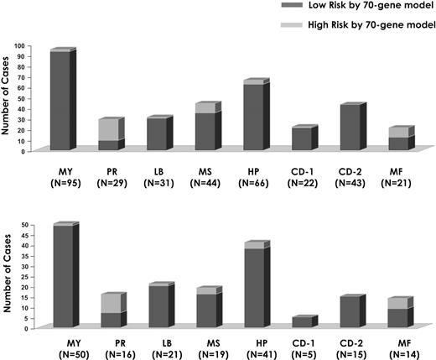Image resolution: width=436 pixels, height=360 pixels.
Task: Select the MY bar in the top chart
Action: pos(60,101)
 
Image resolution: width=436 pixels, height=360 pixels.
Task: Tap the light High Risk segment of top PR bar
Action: pos(108,129)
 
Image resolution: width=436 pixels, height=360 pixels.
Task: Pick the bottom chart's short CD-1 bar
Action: pos(299,321)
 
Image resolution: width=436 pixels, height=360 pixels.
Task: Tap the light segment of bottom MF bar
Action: pos(349,303)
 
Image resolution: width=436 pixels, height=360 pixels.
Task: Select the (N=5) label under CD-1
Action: pos(300,352)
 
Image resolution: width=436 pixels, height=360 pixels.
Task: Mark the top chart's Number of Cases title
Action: pos(8,100)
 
